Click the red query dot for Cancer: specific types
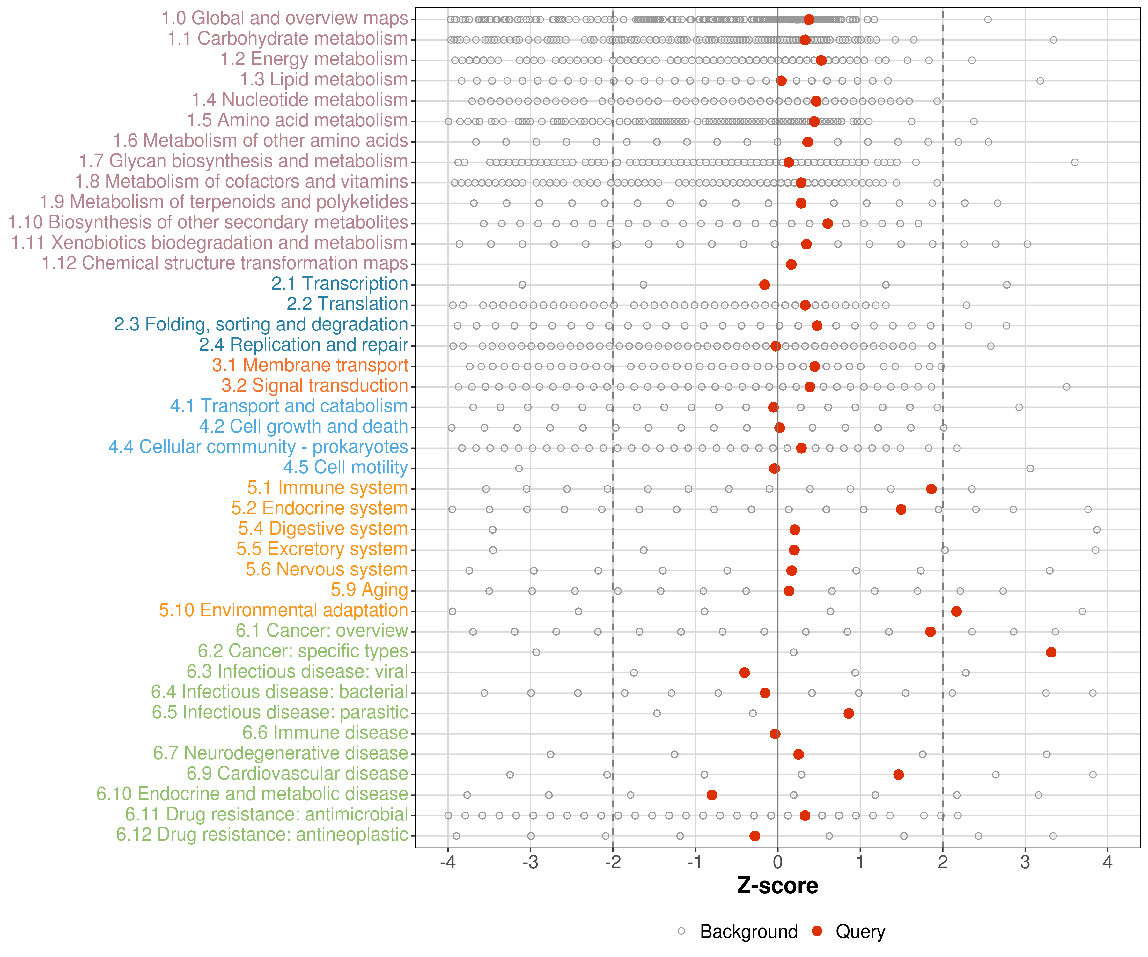click(x=1051, y=652)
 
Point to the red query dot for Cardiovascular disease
click(x=899, y=774)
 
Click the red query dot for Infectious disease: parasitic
click(x=849, y=713)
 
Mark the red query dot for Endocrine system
click(x=901, y=509)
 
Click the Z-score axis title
click(x=777, y=886)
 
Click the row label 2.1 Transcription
click(x=340, y=284)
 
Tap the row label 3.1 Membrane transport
click(x=310, y=365)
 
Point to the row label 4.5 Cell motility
click(x=345, y=468)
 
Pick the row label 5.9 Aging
click(x=369, y=590)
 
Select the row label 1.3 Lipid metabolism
click(x=324, y=80)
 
